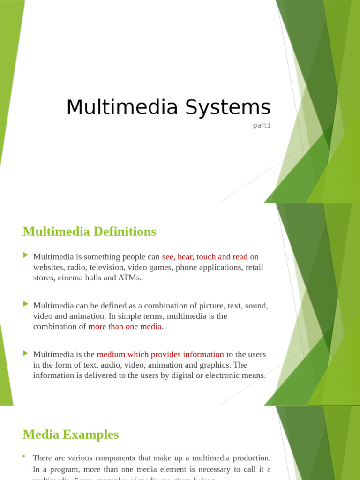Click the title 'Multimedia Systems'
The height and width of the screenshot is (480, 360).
click(168, 107)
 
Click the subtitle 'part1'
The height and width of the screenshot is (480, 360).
click(262, 125)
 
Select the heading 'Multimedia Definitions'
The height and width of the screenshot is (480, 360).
click(89, 232)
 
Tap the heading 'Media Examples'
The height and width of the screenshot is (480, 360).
click(70, 435)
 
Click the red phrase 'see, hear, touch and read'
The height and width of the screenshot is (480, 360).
click(204, 257)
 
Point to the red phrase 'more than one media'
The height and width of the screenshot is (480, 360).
click(125, 326)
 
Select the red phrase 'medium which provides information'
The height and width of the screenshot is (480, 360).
click(160, 354)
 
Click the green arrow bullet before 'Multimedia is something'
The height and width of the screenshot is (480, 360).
click(26, 255)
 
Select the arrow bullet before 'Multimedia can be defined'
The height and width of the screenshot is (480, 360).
click(26, 304)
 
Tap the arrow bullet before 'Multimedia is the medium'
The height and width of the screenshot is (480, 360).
click(26, 353)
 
